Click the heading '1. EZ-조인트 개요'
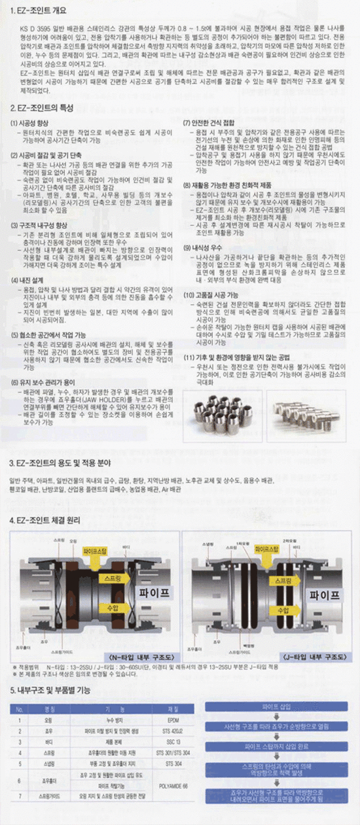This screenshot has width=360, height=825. coord(39,11)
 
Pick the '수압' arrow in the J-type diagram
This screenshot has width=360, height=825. coord(283,610)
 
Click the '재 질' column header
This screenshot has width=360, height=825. coord(174,708)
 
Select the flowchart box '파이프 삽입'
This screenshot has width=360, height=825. coord(279,707)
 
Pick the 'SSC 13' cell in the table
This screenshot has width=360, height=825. coord(174,744)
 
